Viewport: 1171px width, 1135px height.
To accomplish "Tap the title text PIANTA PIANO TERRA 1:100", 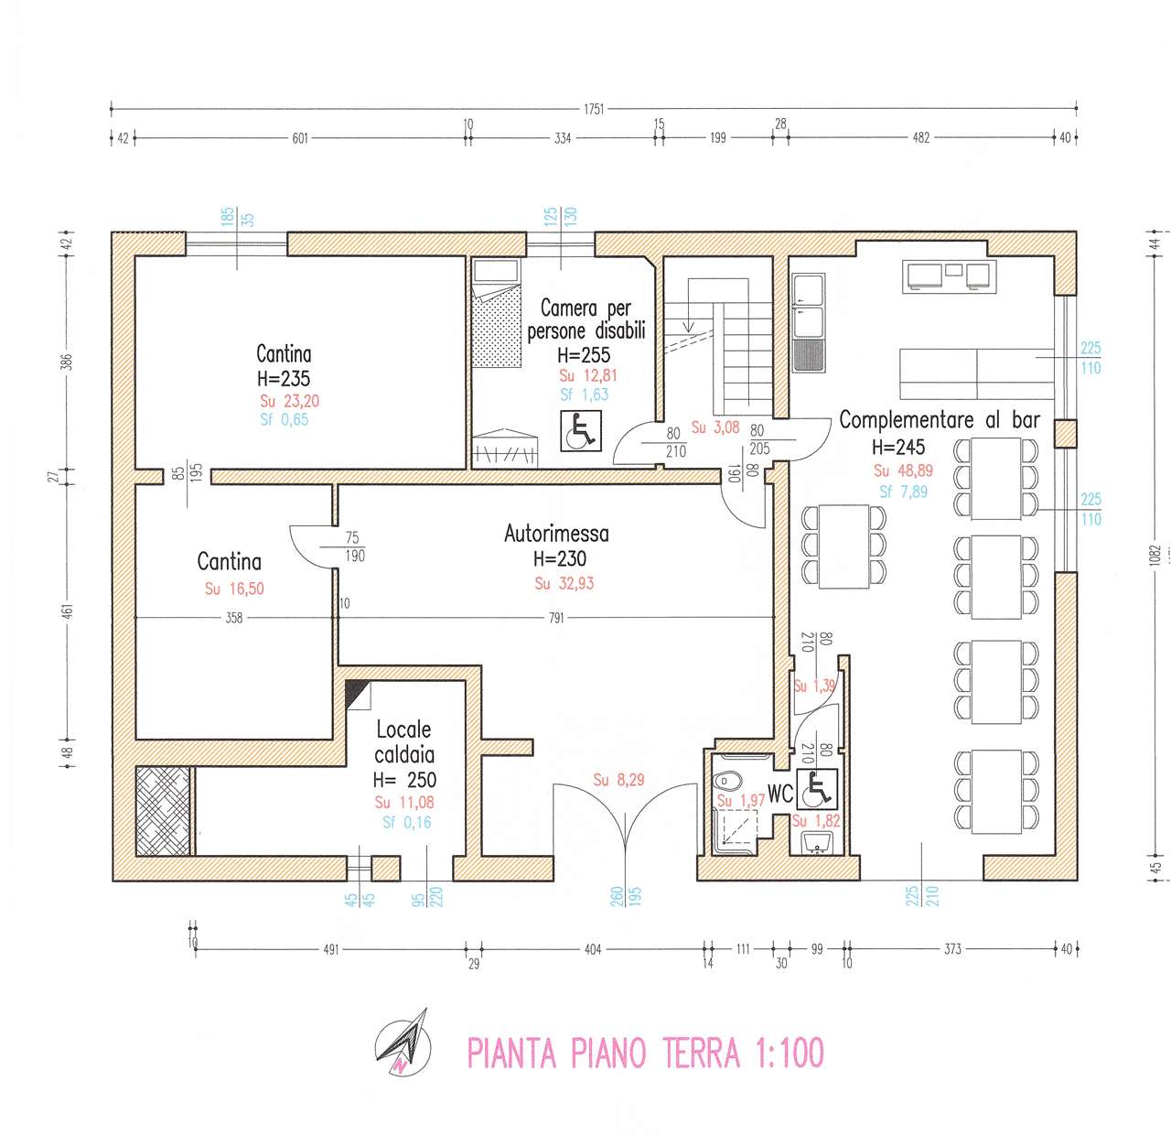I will pos(645,1053).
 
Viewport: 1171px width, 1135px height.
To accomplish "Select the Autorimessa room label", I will pos(556,534).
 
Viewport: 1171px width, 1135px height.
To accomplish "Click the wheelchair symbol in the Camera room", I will pos(578,430).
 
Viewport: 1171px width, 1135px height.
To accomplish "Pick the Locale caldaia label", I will pos(404,742).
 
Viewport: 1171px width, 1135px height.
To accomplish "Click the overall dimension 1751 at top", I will pos(594,109).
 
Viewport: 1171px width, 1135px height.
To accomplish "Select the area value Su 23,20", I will pos(289,401).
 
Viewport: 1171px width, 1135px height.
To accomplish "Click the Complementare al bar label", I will pos(940,421).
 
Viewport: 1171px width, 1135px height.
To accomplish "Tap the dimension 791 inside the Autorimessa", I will pos(556,618).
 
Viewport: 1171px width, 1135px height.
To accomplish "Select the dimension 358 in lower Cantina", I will pos(234,618).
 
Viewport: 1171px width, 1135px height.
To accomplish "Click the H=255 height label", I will pos(584,355).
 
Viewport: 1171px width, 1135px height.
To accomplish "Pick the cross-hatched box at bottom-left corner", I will pos(164,811).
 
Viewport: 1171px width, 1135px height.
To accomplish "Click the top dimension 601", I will pos(300,138).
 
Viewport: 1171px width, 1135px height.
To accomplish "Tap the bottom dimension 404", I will pos(593,949).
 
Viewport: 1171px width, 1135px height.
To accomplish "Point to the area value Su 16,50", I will pos(234,589).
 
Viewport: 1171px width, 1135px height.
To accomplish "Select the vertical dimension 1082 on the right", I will pos(1155,555).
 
